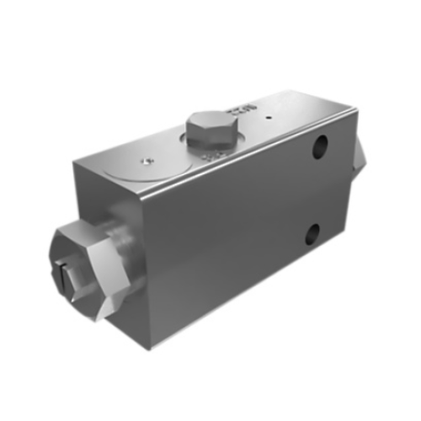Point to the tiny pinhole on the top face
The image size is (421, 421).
point(268,118)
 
